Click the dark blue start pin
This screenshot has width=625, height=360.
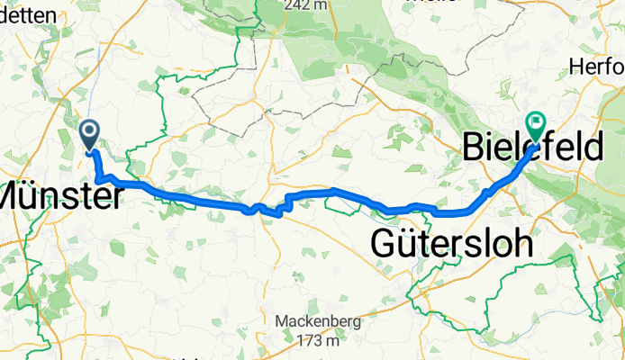(91, 135)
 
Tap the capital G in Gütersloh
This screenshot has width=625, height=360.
(385, 244)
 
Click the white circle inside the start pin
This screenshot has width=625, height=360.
(91, 132)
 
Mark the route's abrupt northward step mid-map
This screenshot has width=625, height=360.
(286, 202)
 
